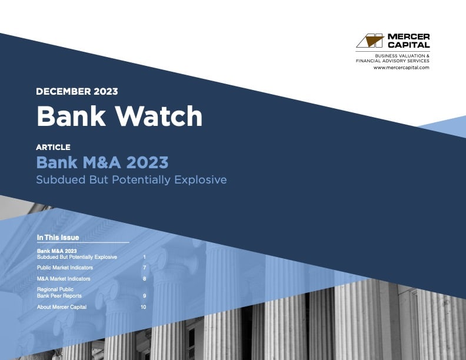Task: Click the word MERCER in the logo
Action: pos(408,36)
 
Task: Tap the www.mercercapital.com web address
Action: pos(401,68)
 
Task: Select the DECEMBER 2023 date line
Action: pos(77,91)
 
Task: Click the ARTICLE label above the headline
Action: pos(53,147)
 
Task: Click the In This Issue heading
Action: pos(58,238)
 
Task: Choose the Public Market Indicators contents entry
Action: pos(65,268)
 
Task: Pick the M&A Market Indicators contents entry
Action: pos(64,278)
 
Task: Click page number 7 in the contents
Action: pos(144,268)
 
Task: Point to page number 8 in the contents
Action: pos(144,278)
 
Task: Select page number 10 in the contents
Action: pos(143,306)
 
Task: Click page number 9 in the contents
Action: pos(144,295)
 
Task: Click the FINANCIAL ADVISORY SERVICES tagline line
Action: pos(392,61)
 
